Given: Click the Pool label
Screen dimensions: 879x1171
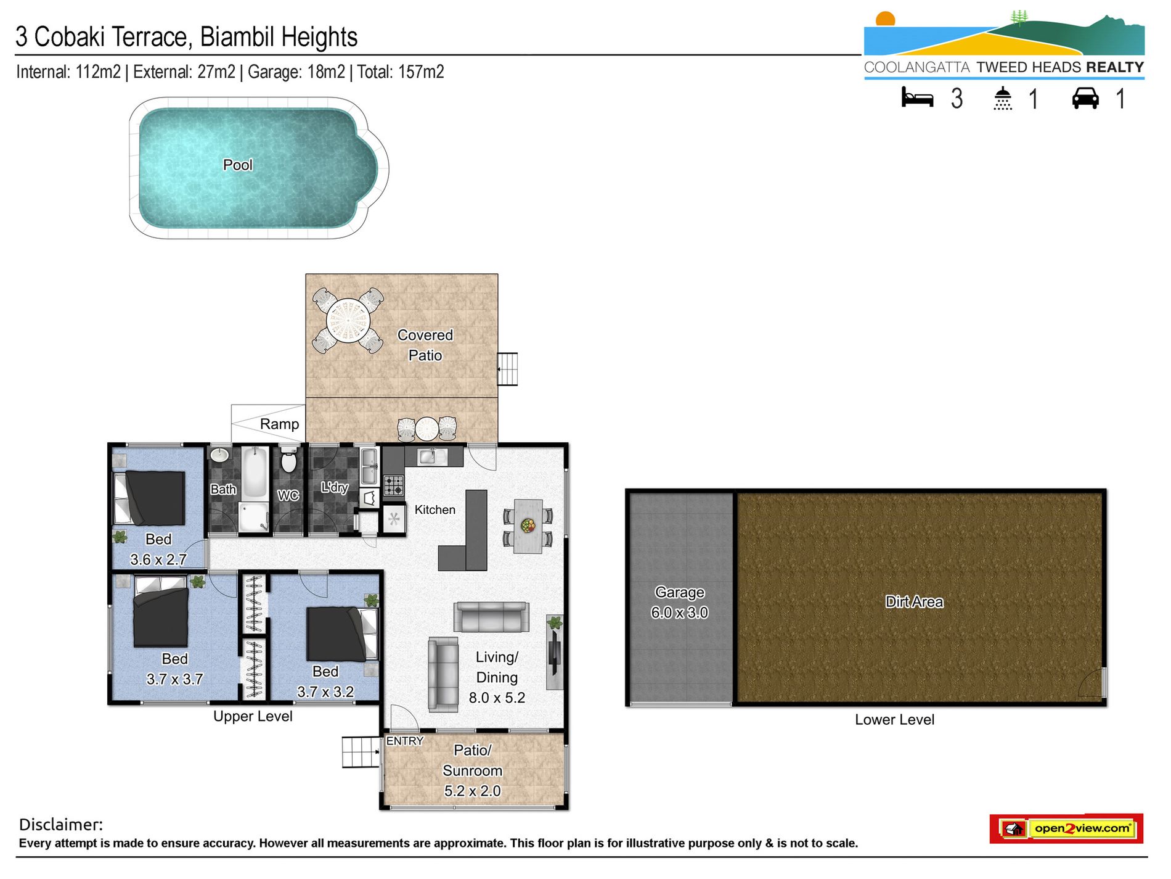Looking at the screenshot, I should coord(238,165).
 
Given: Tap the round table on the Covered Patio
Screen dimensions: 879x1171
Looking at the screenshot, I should coord(348,321).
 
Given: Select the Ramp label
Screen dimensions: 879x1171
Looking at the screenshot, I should coord(279,424).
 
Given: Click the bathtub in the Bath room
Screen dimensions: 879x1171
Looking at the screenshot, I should coord(255,474).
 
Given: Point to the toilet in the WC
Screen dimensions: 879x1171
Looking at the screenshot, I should coord(288,462).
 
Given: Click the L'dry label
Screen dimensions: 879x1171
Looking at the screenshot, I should coord(335,487).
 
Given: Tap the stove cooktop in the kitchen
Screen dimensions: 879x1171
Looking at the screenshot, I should coord(394,486).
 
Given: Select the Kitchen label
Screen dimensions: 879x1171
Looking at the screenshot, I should coord(435,510).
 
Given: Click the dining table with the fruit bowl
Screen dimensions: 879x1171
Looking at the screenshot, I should coord(528,526).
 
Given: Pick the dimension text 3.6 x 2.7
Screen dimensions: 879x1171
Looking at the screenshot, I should coord(158,560).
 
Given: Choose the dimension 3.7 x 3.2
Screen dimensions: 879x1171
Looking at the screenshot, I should coord(325,692).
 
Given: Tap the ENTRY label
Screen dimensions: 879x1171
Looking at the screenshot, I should coord(405,741).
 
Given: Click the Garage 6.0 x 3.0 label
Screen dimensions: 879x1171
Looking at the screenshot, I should coord(680,603).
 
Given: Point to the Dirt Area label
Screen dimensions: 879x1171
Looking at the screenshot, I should coord(914,602).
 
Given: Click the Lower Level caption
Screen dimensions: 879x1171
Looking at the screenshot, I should coord(894,720).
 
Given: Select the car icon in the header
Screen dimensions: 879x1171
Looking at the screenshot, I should coord(1085,99).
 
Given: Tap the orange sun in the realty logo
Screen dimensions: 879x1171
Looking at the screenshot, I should coord(886,19).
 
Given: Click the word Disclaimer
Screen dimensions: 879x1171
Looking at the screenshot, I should coord(61,825).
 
